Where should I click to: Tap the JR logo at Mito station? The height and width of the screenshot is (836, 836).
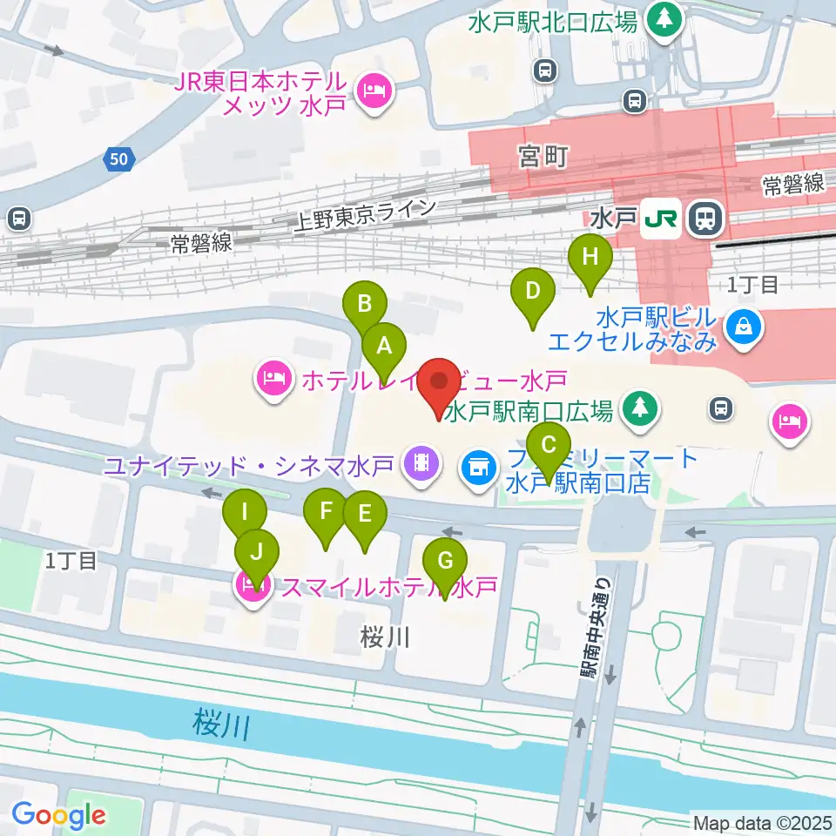(x=662, y=219)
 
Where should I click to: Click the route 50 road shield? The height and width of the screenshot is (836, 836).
(x=119, y=158)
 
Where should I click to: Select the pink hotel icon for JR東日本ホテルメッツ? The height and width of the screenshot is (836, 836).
(x=375, y=89)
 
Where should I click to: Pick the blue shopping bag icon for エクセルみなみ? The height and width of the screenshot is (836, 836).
(x=746, y=328)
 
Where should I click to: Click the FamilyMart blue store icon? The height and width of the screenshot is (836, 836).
(x=477, y=466)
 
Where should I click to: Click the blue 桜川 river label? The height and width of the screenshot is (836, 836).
(x=219, y=724)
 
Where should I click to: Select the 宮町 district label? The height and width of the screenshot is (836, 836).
(x=543, y=157)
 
